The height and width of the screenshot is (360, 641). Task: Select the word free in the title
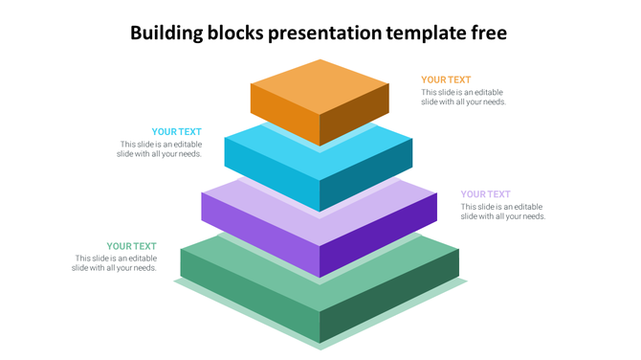coord(489,34)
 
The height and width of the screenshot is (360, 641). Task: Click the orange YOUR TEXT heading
coord(446,80)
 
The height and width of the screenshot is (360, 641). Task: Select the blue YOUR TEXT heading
coord(176,132)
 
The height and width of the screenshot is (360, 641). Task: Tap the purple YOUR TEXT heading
coord(485,194)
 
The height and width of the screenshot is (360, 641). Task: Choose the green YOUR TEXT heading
coord(131,247)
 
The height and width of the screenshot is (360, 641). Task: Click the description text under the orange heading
coord(464,97)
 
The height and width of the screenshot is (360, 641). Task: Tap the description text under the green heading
coord(115,263)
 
